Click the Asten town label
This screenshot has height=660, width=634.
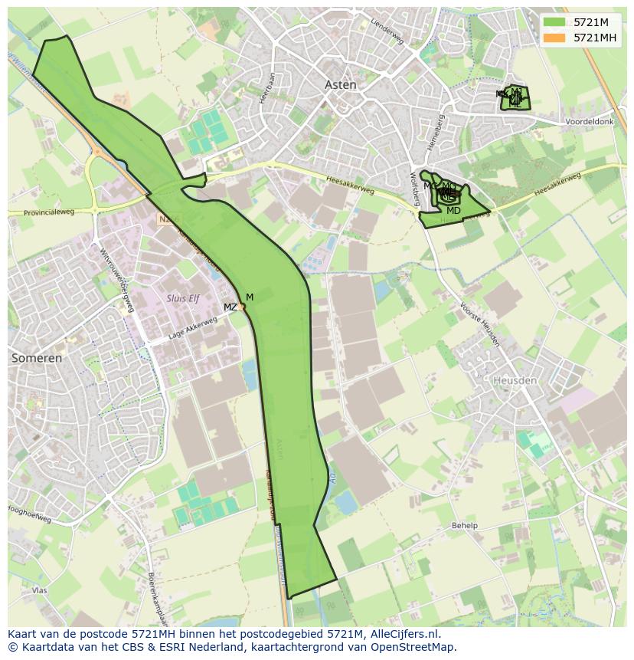pos(341,85)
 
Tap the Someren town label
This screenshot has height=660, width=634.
pos(37,358)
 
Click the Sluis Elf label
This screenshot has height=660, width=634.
pos(183,298)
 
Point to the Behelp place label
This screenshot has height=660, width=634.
pos(464,526)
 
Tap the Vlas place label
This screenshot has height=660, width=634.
pos(40,590)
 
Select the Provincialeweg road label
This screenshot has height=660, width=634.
pos(49,212)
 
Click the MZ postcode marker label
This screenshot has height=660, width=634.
pos(230,307)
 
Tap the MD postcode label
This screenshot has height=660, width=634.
pos(453,211)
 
